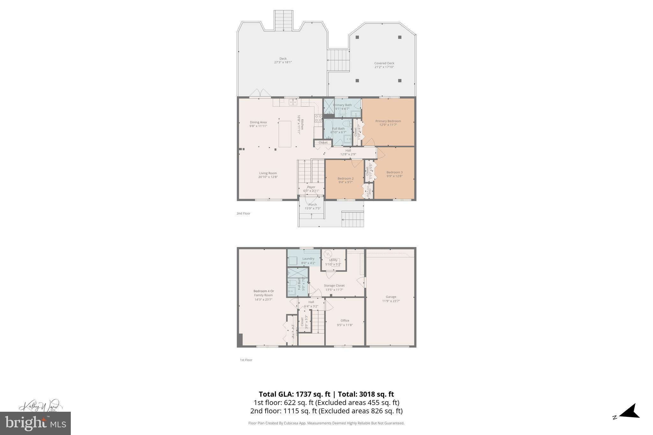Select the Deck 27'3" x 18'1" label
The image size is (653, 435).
283,61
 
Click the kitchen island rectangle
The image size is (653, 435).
285,134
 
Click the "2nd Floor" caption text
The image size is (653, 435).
243,214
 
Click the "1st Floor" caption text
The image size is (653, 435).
246,360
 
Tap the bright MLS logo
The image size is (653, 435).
35,423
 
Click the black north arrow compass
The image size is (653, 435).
630,420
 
